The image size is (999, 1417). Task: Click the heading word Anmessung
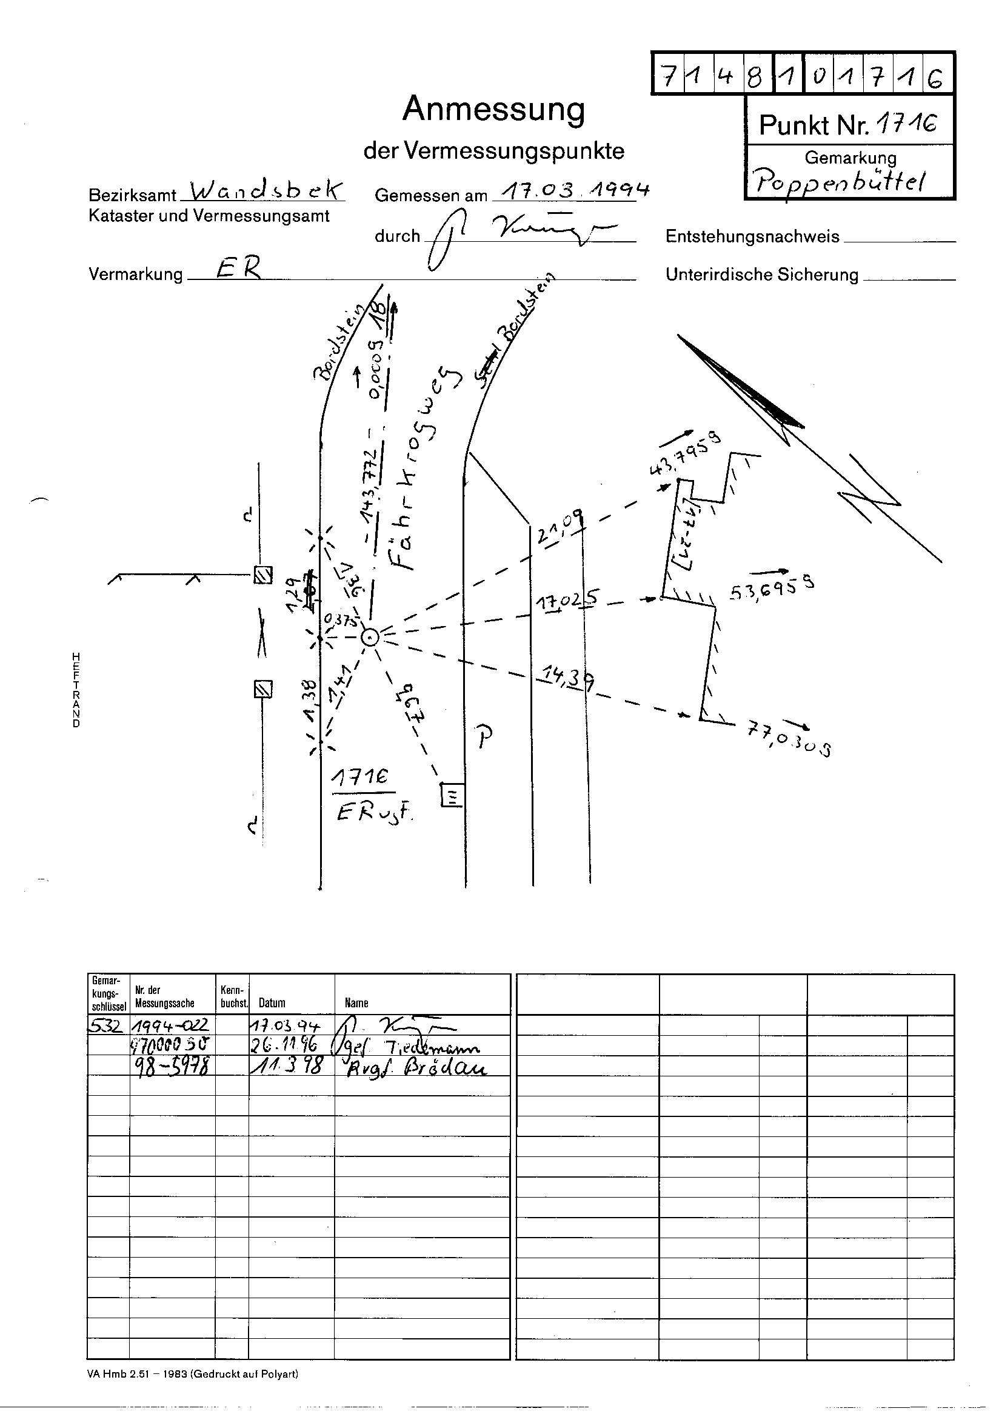(493, 110)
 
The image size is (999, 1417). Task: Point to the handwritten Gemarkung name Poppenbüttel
(841, 181)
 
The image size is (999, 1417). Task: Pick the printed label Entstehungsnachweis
(752, 237)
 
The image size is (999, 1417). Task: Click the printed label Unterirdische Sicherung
(761, 275)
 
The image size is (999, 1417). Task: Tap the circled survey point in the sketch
(369, 638)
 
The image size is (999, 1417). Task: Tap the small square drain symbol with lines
(452, 795)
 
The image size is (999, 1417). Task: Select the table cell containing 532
(108, 1026)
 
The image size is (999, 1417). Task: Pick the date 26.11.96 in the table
(286, 1046)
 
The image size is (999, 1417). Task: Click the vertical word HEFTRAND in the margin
(76, 689)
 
